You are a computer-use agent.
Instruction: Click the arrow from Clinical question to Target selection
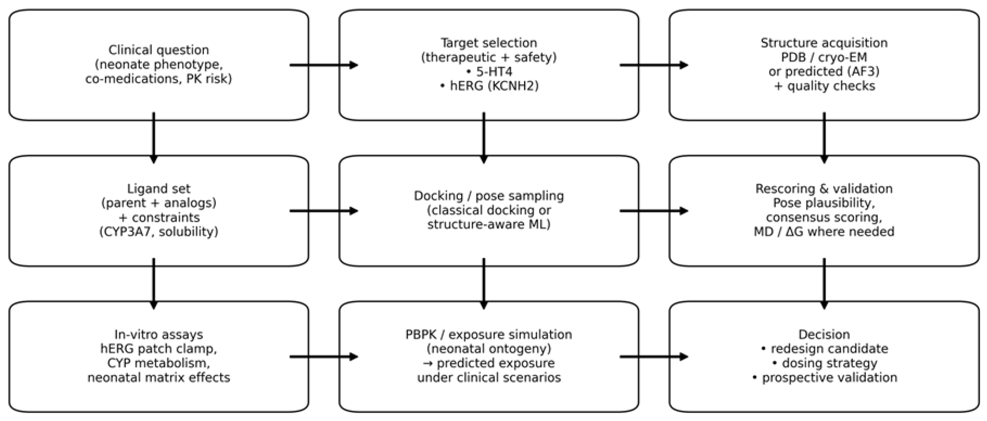tap(324, 65)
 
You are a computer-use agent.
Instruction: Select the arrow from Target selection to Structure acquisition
tap(654, 65)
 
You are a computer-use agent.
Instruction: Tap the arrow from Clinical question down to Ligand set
tap(154, 138)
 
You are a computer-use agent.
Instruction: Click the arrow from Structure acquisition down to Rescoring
tap(824, 138)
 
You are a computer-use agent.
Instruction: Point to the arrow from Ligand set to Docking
tap(324, 211)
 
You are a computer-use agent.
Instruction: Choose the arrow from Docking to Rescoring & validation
tap(654, 211)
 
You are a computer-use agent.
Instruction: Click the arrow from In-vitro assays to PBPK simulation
tap(324, 357)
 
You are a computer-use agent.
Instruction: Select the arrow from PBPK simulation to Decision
tap(654, 357)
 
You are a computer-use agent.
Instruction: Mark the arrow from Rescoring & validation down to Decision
tap(824, 284)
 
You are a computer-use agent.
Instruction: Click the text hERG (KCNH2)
tap(489, 86)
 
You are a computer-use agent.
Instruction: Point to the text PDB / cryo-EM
tap(824, 57)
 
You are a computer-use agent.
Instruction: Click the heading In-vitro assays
tap(159, 334)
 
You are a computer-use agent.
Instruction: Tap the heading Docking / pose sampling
tap(489, 196)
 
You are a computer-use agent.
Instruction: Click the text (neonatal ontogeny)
tap(489, 349)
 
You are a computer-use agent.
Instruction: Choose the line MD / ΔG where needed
tap(824, 232)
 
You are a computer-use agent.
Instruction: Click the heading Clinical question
tap(159, 50)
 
